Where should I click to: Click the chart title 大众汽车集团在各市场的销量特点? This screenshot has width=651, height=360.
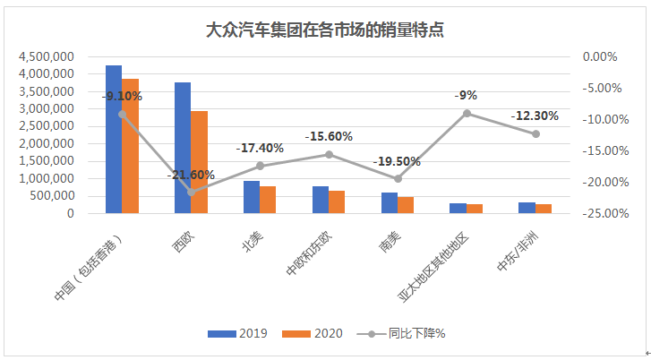tap(325, 30)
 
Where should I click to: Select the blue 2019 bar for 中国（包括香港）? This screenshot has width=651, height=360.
tap(114, 140)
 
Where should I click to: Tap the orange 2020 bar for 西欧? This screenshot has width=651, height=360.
tap(199, 162)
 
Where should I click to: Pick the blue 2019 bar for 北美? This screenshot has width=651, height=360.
tap(252, 197)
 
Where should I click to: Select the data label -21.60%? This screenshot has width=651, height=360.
tap(190, 175)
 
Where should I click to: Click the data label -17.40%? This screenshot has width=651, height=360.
tap(260, 148)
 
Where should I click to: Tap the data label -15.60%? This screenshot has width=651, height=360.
tap(329, 136)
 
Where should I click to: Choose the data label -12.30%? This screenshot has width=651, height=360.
tap(535, 116)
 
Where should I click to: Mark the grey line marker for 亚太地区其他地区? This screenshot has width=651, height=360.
tap(467, 113)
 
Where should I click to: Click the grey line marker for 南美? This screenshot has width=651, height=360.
tap(398, 178)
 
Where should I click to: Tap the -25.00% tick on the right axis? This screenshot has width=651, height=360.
tap(601, 214)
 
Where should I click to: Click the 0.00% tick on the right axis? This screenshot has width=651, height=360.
tap(601, 56)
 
